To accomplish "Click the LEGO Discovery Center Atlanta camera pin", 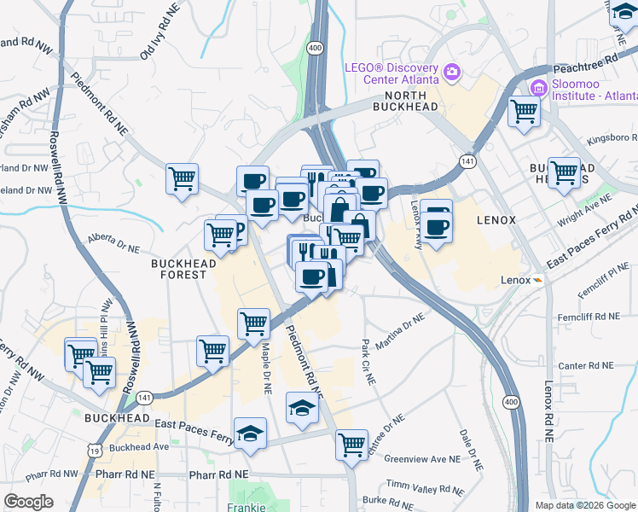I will (x=451, y=72).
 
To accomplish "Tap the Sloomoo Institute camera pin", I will (x=538, y=87).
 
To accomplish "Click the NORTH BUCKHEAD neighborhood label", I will (x=405, y=101).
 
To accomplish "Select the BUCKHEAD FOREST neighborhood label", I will (x=179, y=269).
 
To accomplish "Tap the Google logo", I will (x=28, y=501).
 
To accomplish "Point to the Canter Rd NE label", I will (x=586, y=365).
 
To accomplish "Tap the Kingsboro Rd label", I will (x=609, y=137).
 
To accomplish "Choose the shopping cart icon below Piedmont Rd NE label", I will (x=351, y=445).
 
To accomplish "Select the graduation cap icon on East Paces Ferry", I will (x=251, y=433).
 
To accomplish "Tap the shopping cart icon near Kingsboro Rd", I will (x=564, y=172).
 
